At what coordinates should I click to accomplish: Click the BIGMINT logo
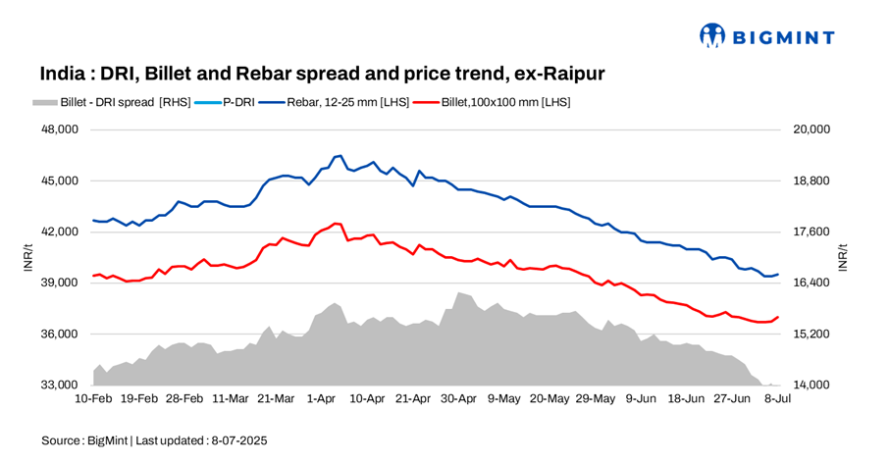click(x=766, y=36)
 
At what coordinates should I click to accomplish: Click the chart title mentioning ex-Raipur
click(x=323, y=75)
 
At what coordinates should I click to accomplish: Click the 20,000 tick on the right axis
click(x=811, y=129)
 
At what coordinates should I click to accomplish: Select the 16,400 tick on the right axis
click(x=811, y=283)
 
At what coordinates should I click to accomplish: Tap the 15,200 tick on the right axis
click(x=811, y=334)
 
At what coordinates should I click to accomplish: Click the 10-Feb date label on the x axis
click(x=93, y=399)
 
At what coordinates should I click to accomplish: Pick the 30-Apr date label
click(x=458, y=399)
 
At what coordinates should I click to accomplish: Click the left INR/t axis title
click(x=29, y=258)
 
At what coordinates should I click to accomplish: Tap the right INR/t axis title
click(x=843, y=258)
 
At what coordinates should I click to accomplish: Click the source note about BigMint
click(x=154, y=440)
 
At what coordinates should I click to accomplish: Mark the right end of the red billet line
click(x=778, y=317)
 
